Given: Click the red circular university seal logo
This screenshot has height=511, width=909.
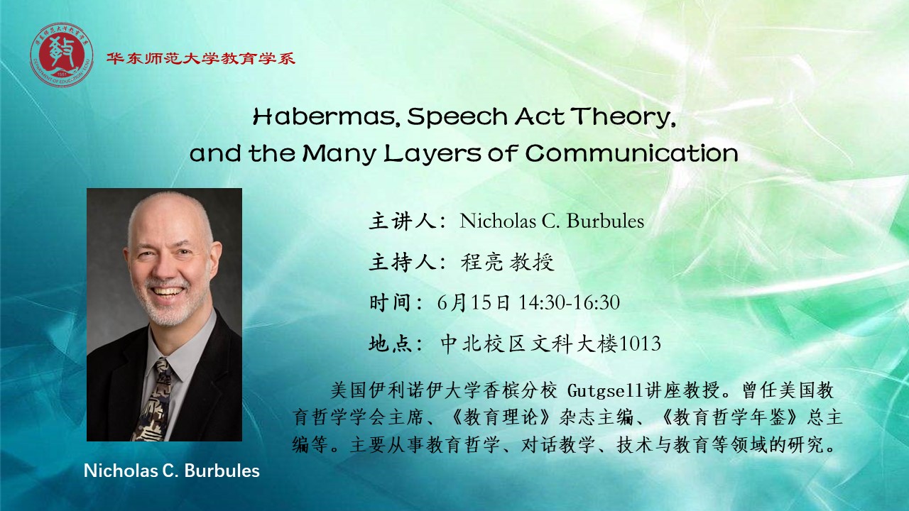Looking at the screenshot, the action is coord(62,55).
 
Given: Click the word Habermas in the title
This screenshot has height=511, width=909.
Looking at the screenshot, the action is coord(323,117).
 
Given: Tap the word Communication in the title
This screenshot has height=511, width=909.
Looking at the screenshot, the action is coord(631,153).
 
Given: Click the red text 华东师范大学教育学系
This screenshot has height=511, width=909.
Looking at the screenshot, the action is coord(201,58).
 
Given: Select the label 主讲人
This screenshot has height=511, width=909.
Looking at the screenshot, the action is coord(402,221).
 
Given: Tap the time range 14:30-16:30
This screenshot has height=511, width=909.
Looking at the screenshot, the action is coord(569,302).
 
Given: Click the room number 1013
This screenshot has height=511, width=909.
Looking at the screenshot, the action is coord(640,344).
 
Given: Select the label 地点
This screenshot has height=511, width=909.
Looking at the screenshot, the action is coord(391,344).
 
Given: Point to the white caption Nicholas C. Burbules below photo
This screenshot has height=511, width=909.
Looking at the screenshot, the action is coord(172,471).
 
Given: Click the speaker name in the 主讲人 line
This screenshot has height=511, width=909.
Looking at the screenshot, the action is coord(552,221).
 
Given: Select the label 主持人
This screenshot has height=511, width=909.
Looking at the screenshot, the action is coord(402,262).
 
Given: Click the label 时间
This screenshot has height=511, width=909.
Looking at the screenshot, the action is coord(391,302).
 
